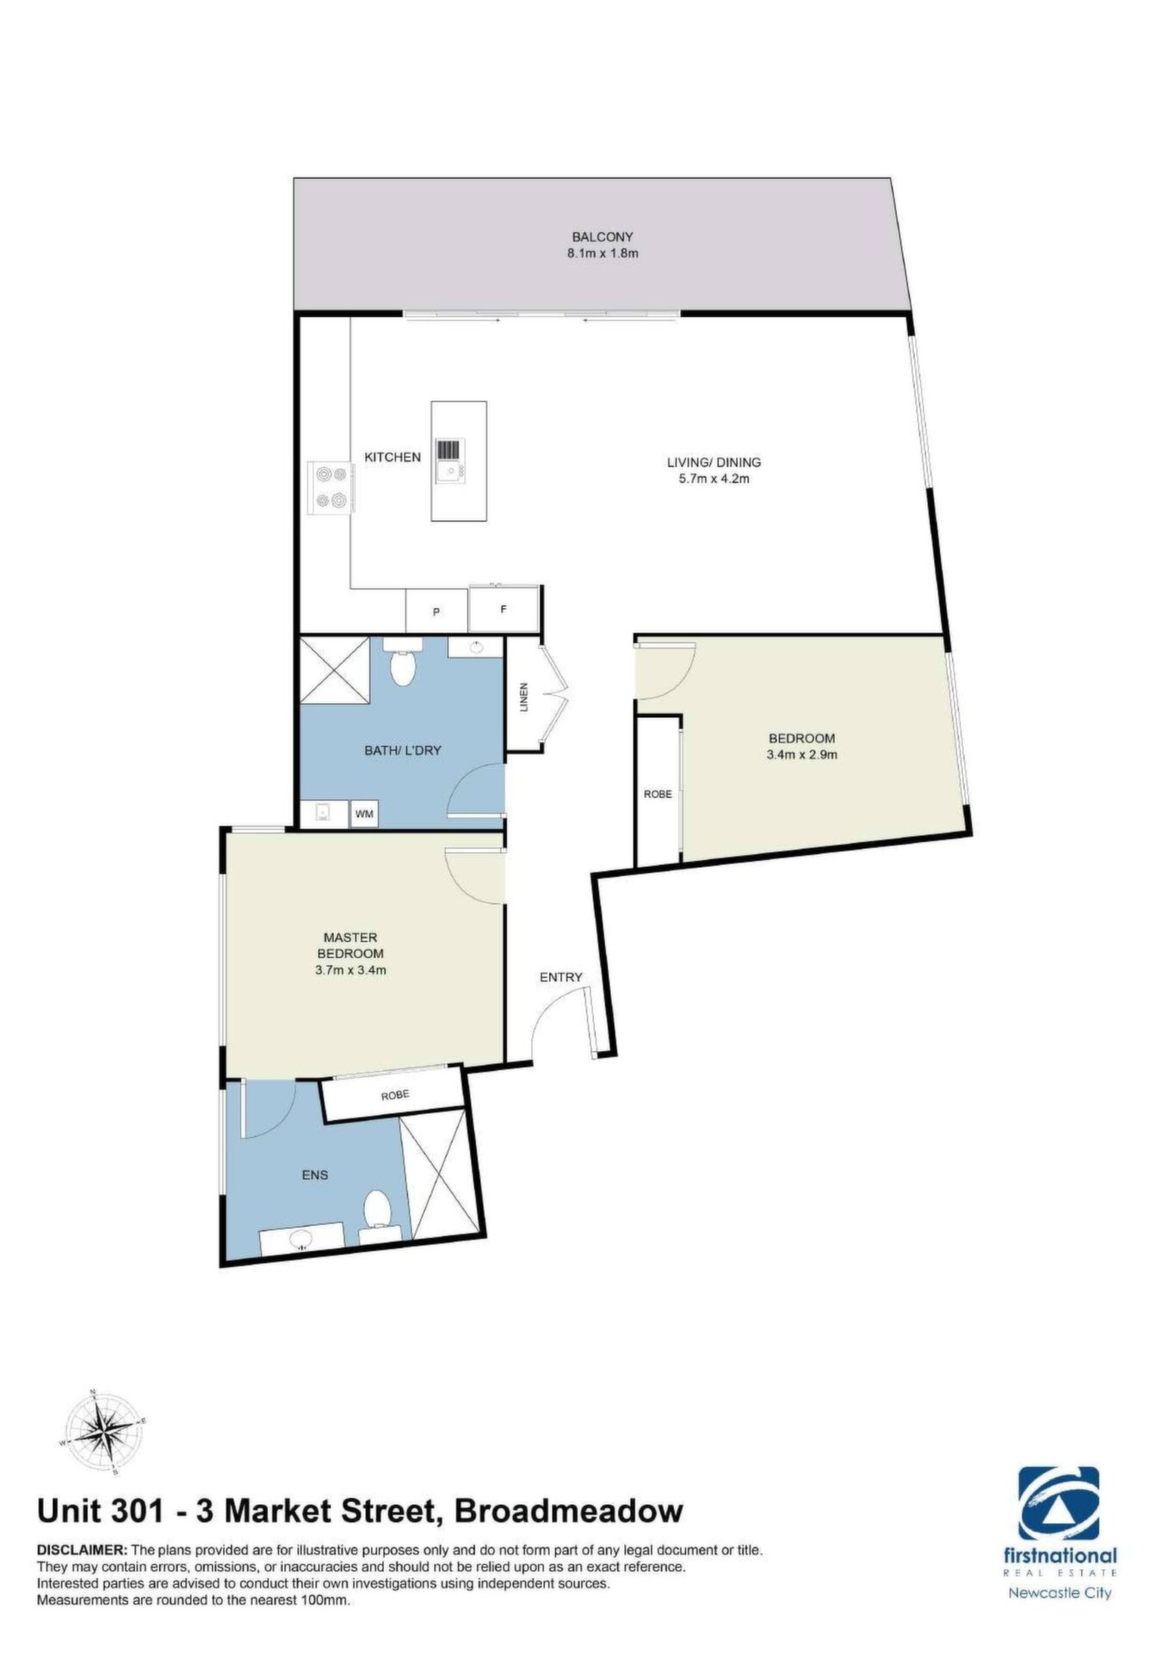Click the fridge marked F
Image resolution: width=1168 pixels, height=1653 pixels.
point(504,610)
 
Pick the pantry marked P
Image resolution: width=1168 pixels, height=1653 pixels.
point(436,612)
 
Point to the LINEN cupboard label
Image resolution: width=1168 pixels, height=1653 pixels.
point(522,696)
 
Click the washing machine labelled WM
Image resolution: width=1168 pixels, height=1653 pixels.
point(365,814)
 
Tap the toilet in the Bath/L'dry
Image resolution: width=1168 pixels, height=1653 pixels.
point(402,661)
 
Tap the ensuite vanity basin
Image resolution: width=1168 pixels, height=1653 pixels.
point(302,1240)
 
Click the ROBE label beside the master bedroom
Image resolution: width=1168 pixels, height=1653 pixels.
point(395,1095)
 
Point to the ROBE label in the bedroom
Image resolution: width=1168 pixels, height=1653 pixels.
point(658,794)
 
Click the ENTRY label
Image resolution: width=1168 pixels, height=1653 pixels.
point(561,977)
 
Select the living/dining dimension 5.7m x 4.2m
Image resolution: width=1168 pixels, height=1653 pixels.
point(708,479)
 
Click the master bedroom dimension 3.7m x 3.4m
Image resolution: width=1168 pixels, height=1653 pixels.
point(350,970)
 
